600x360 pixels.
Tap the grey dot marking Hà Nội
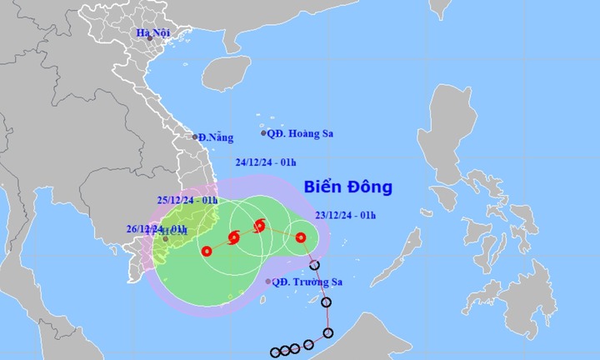pos(150,38)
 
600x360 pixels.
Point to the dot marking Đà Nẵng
pos(195,137)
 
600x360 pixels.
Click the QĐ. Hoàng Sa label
pos(301,132)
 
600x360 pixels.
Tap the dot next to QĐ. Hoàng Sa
pos(264,133)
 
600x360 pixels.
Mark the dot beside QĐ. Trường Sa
pos(267,282)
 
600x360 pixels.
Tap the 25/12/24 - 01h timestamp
pos(187,201)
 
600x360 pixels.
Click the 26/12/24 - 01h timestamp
pos(157,228)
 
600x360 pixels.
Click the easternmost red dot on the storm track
pos(301,237)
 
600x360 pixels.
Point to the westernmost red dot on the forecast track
pos(206,250)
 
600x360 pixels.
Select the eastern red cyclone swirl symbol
pos(259,225)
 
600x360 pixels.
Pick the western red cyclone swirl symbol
pos(233,238)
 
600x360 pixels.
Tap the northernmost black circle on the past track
pos(314,267)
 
